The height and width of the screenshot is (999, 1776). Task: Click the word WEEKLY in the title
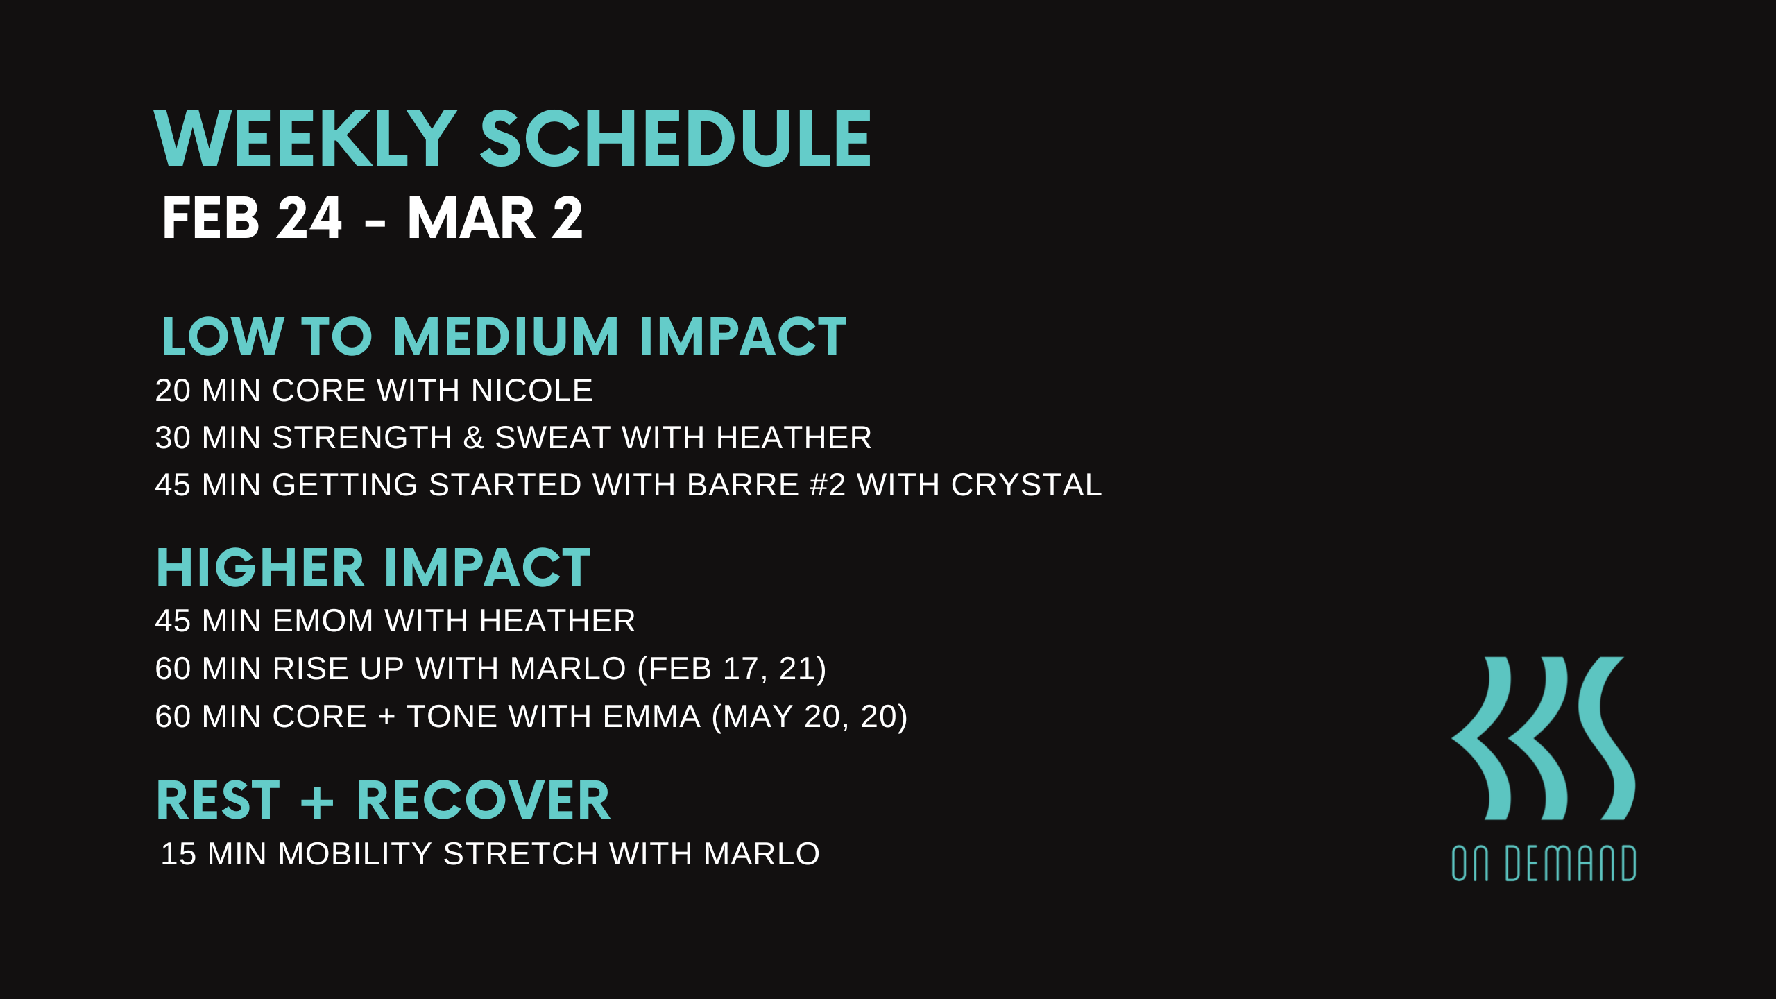[305, 139]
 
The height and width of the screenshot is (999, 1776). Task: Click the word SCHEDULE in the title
[675, 139]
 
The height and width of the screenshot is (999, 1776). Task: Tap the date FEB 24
[252, 218]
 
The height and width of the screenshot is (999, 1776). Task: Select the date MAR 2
[495, 218]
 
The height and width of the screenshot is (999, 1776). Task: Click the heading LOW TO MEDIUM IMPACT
[504, 336]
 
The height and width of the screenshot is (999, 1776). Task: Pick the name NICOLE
[532, 391]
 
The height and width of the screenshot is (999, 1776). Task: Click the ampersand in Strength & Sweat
[473, 438]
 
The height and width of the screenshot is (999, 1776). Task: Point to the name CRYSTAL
[1026, 485]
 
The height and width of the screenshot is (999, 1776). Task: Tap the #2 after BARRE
[828, 485]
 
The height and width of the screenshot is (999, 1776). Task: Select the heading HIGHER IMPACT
[373, 568]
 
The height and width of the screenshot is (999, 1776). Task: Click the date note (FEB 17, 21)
[732, 669]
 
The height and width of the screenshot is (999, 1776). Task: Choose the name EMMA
[652, 717]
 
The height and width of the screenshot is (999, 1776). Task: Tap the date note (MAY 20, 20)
[810, 717]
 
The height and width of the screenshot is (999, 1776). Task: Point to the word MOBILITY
[355, 854]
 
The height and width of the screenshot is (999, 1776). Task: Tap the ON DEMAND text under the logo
[1544, 863]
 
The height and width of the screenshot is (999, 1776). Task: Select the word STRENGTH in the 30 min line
[363, 438]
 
